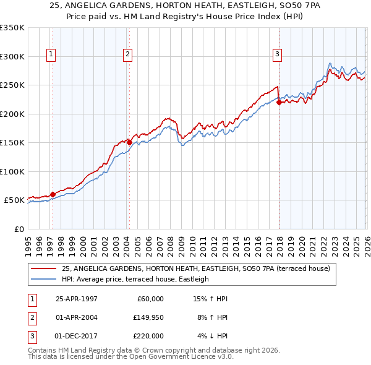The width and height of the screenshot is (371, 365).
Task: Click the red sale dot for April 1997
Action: coord(53,194)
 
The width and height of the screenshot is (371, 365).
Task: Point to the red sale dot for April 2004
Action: coord(129,142)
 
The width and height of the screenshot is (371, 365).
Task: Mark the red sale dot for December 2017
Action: coord(279,102)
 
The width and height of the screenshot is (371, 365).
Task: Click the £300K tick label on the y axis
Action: coord(12,56)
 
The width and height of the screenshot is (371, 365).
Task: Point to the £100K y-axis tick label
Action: coord(12,171)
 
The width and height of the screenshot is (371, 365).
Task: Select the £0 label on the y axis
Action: coord(19,229)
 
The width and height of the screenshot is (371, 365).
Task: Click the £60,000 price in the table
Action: coord(149,299)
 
